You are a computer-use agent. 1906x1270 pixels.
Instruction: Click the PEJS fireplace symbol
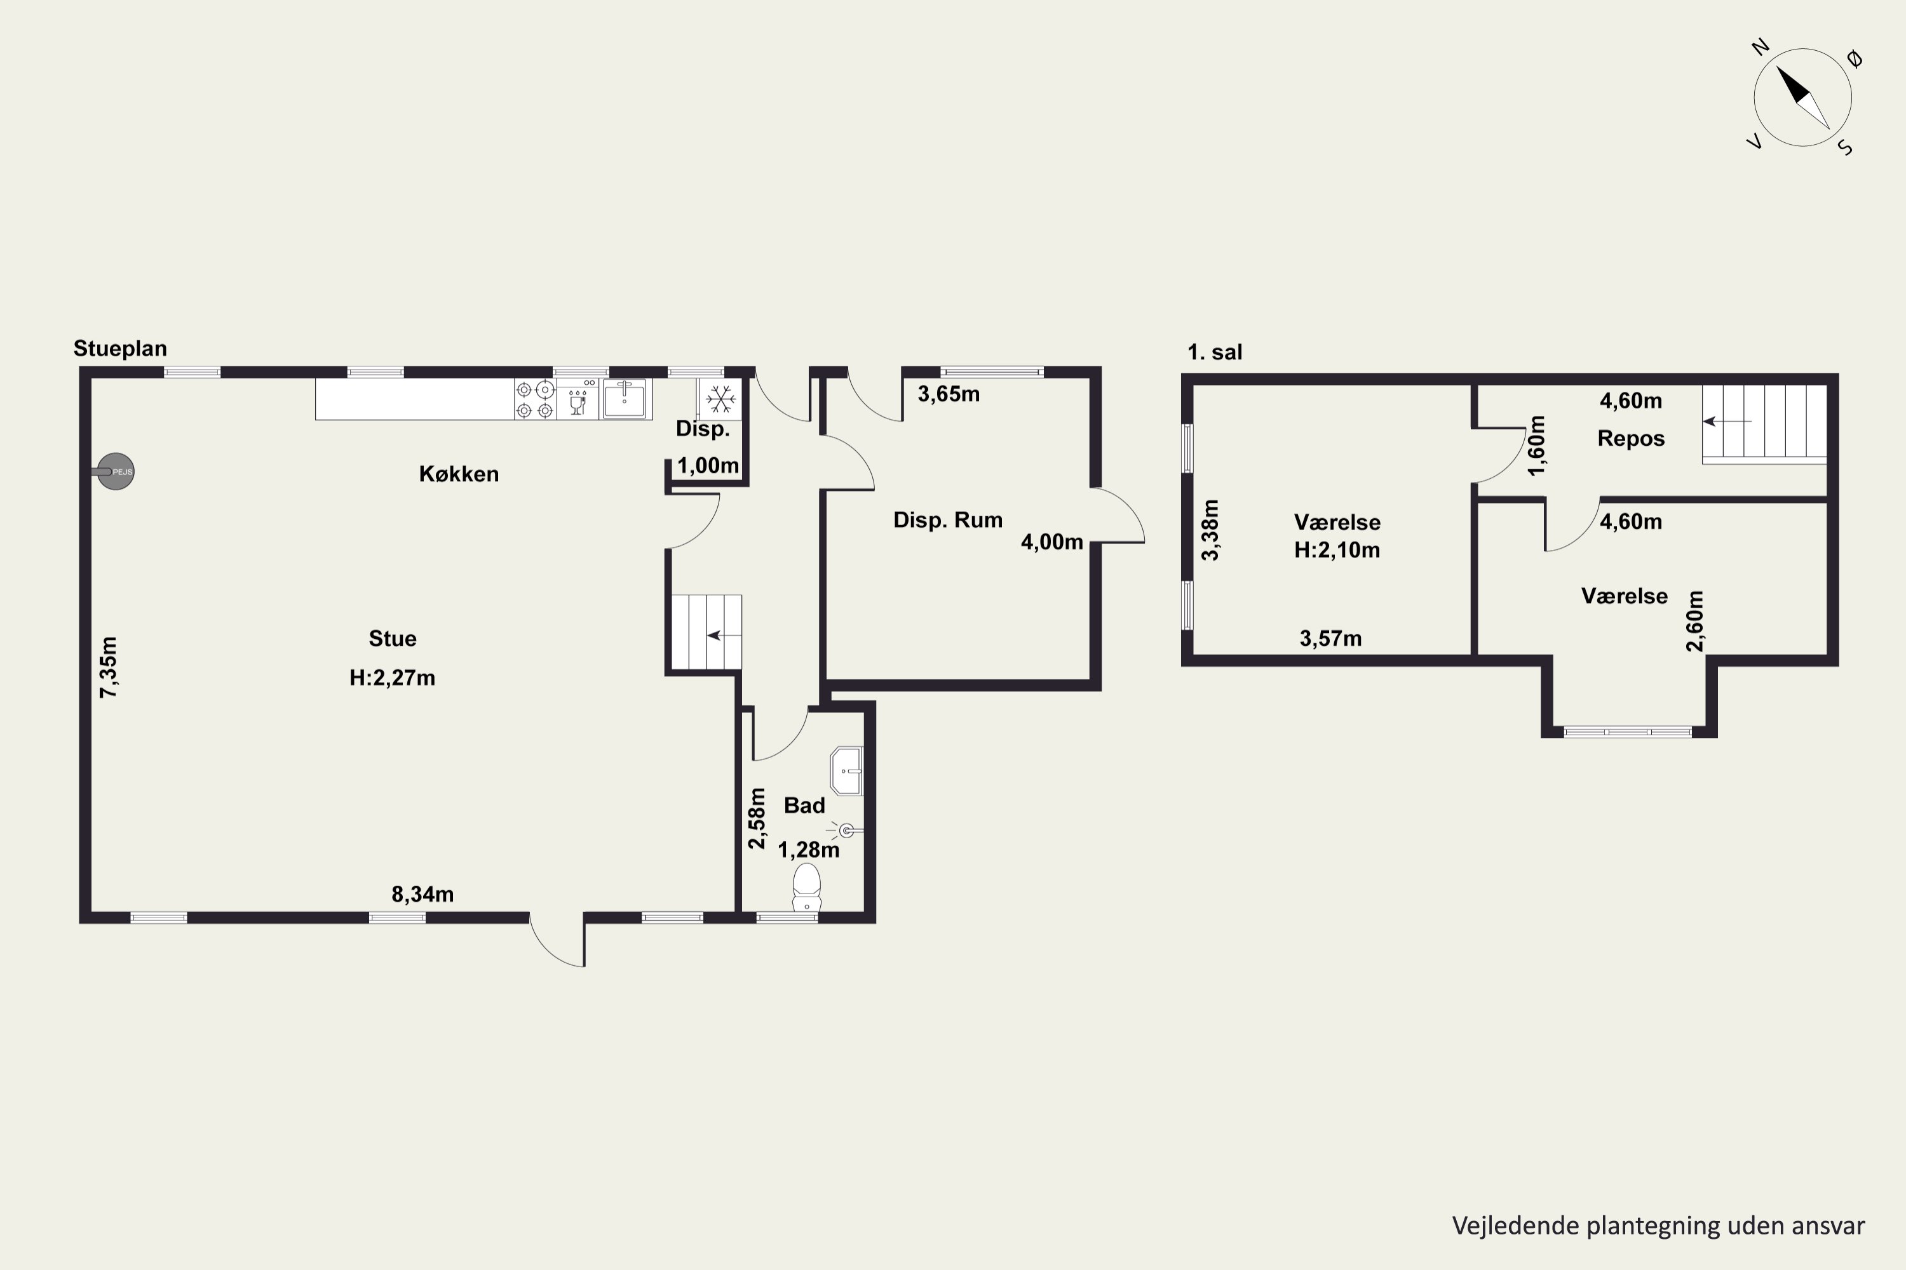pos(115,471)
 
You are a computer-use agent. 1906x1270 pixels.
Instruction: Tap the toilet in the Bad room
pos(806,887)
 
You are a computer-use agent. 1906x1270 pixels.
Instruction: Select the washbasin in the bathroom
pos(847,770)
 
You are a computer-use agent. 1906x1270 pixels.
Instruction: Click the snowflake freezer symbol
pos(720,399)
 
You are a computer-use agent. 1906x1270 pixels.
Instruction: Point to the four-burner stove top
pos(535,399)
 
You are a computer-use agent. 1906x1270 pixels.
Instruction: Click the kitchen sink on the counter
pos(625,399)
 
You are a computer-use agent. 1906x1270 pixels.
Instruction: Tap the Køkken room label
pos(459,474)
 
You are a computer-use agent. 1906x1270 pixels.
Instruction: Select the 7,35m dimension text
pos(109,667)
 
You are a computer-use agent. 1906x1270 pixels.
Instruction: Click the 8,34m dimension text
pos(422,894)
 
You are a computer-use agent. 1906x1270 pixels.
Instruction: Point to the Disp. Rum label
pos(947,520)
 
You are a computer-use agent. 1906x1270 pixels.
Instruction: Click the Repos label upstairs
pos(1630,439)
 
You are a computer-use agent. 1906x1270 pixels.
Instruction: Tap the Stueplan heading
pos(120,348)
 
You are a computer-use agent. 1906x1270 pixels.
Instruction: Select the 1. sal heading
pos(1214,352)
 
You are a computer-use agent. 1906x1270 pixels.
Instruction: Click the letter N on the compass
pos(1759,48)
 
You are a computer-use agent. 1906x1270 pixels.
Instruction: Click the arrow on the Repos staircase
pos(1727,421)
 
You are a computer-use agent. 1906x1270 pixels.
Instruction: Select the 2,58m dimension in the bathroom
pos(757,818)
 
